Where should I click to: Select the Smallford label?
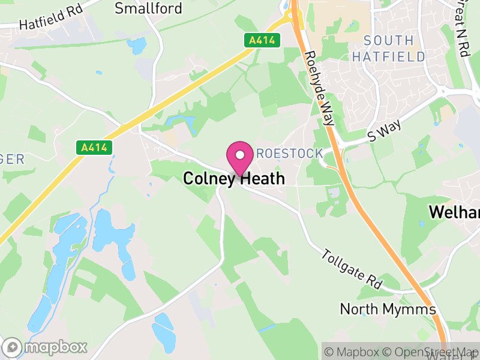click(x=140, y=8)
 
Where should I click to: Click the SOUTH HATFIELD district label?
click(x=388, y=49)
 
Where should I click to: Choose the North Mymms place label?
click(x=387, y=309)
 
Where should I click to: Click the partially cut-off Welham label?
click(x=454, y=212)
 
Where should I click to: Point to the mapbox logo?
click(x=46, y=347)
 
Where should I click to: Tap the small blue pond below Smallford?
click(x=137, y=45)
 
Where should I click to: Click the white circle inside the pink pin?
click(x=240, y=155)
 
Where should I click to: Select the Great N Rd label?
click(x=462, y=27)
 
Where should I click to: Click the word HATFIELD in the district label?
click(x=388, y=57)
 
